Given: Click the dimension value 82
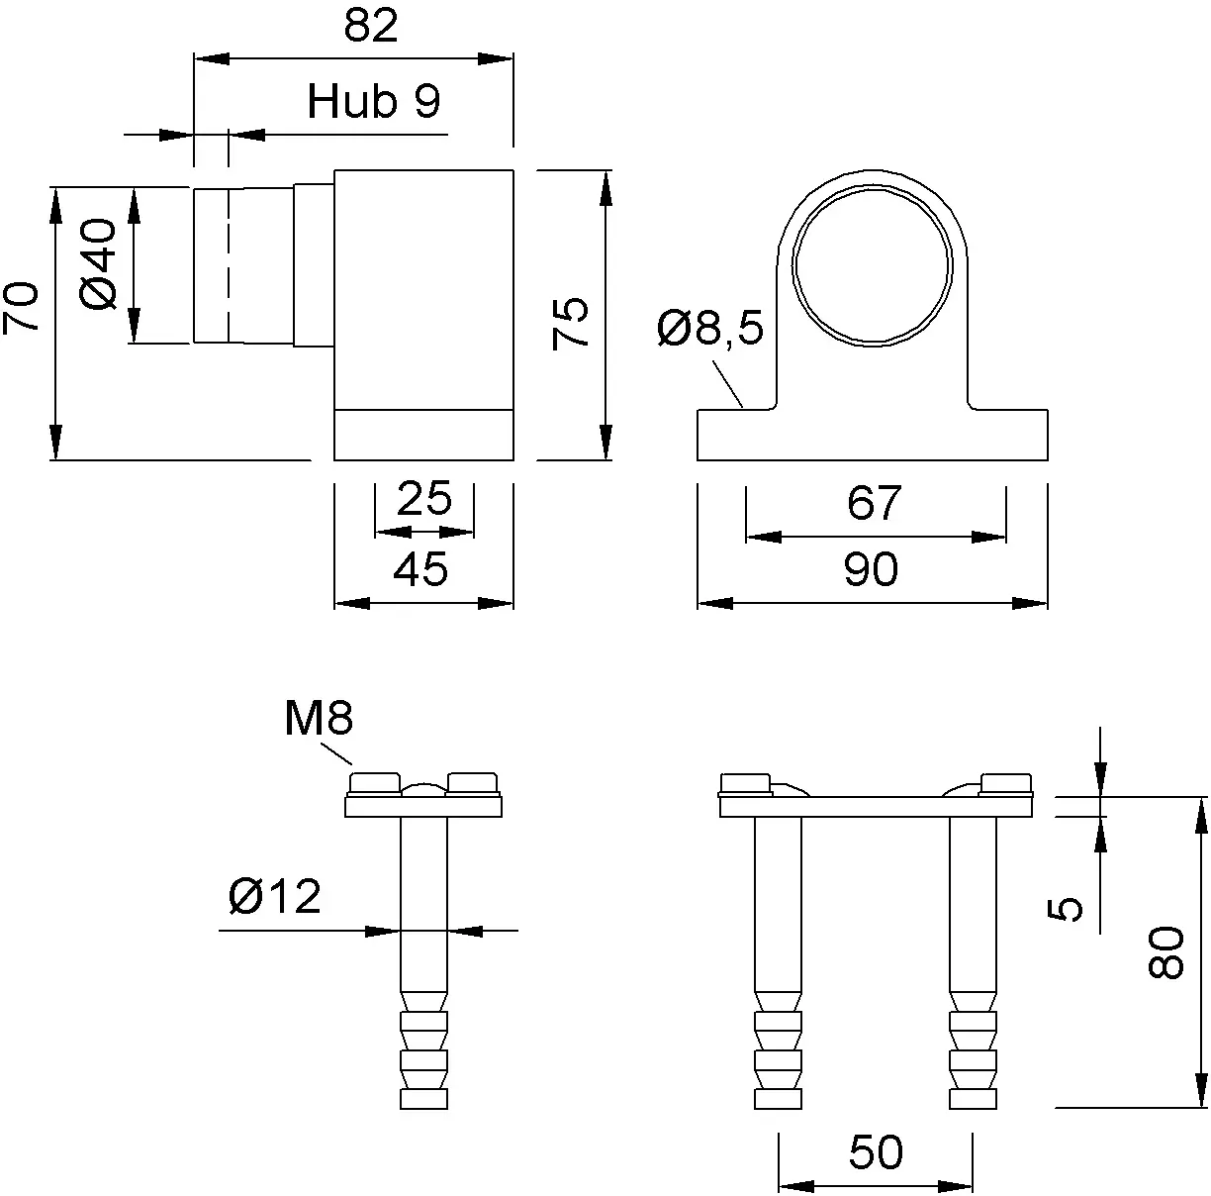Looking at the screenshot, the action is click(371, 26).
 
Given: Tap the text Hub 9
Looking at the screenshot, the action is click(374, 101).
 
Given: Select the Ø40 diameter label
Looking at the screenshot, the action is click(99, 264).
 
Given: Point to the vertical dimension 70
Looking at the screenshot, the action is click(21, 308).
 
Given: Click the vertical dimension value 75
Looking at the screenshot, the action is click(570, 323).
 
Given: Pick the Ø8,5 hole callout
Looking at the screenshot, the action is click(710, 328).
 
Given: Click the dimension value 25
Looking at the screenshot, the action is click(424, 498).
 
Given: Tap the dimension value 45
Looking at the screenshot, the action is click(420, 569).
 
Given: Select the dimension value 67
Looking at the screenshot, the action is click(875, 503).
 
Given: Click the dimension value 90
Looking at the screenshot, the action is click(871, 569).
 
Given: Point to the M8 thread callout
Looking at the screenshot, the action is click(319, 718).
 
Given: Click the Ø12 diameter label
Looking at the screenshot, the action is click(275, 896).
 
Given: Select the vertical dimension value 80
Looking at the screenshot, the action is click(1165, 951).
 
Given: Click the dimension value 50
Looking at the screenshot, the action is click(876, 1152).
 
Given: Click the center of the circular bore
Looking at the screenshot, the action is click(872, 265).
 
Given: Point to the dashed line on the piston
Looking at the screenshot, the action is click(229, 265).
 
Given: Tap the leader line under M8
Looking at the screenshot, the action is click(336, 753).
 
